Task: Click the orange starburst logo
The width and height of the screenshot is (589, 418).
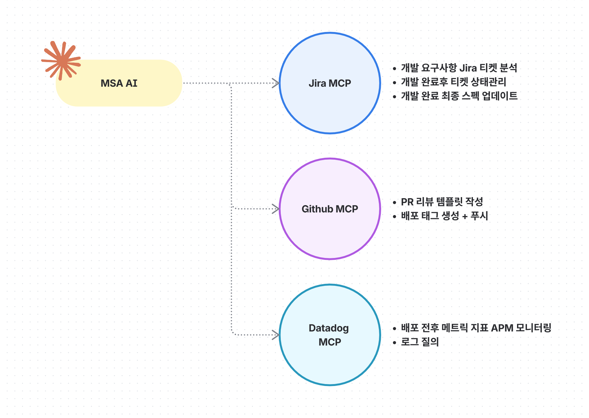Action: [x=61, y=60]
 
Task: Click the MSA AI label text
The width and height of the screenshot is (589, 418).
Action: [x=119, y=83]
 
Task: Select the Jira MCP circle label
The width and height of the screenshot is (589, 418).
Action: [x=330, y=83]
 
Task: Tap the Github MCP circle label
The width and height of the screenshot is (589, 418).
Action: [x=330, y=209]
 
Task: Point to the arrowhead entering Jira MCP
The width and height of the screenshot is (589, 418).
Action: [x=275, y=83]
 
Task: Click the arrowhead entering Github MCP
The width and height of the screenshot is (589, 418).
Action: [x=275, y=209]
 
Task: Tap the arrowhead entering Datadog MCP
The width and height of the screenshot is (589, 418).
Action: [x=275, y=335]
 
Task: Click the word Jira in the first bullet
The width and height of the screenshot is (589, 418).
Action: [x=468, y=68]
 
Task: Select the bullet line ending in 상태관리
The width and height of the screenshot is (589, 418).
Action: [x=453, y=82]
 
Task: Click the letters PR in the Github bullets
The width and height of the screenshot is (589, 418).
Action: [x=407, y=202]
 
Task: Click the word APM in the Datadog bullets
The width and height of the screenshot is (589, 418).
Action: [x=502, y=328]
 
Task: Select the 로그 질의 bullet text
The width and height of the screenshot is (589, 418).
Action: [x=420, y=342]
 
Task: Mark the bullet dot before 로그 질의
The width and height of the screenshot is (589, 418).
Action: [x=394, y=343]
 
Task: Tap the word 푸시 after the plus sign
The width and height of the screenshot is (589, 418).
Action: [x=479, y=216]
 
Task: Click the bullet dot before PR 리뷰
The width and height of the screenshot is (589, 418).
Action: [x=394, y=203]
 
